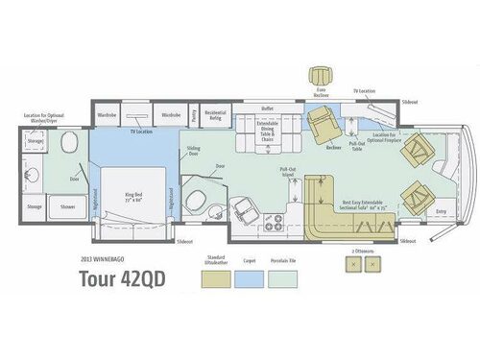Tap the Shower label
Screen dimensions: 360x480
tap(68, 206)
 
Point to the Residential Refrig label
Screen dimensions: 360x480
tap(215, 114)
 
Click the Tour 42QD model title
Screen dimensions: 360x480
tap(125, 278)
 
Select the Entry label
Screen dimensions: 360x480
tap(441, 210)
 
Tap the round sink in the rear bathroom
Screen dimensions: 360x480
tap(68, 147)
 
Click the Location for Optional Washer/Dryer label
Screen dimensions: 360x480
tap(39, 118)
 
